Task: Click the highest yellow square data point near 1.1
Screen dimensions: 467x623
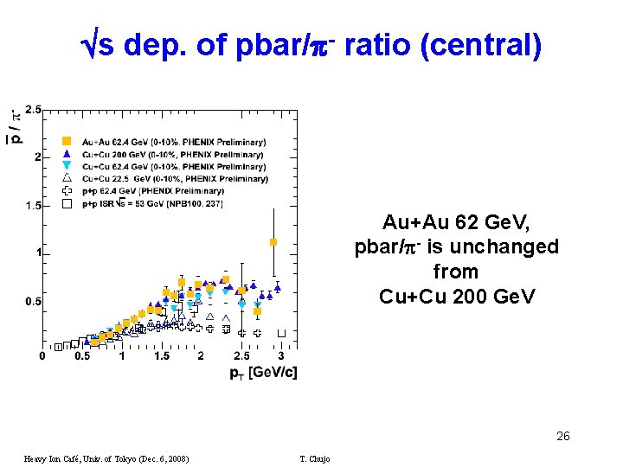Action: (x=273, y=242)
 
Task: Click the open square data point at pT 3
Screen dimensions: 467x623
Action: (x=281, y=333)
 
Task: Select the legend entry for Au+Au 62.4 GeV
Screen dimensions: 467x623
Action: (x=164, y=142)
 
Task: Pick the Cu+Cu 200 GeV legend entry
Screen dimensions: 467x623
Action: (x=164, y=154)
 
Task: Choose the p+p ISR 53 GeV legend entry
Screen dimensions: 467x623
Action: (x=143, y=203)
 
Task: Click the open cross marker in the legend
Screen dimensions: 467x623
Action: (x=67, y=191)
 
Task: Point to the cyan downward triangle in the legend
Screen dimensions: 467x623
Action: (x=67, y=166)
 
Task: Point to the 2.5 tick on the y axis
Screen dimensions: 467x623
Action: (x=33, y=110)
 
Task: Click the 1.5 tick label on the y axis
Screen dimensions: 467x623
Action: (x=33, y=206)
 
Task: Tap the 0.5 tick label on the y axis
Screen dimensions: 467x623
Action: (x=33, y=301)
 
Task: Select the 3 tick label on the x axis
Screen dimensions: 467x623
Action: (x=280, y=355)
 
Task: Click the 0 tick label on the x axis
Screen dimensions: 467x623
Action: (x=43, y=355)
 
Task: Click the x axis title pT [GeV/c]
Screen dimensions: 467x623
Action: (x=263, y=373)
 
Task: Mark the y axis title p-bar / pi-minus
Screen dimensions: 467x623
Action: (x=16, y=125)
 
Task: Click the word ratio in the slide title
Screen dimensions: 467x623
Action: (x=377, y=45)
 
